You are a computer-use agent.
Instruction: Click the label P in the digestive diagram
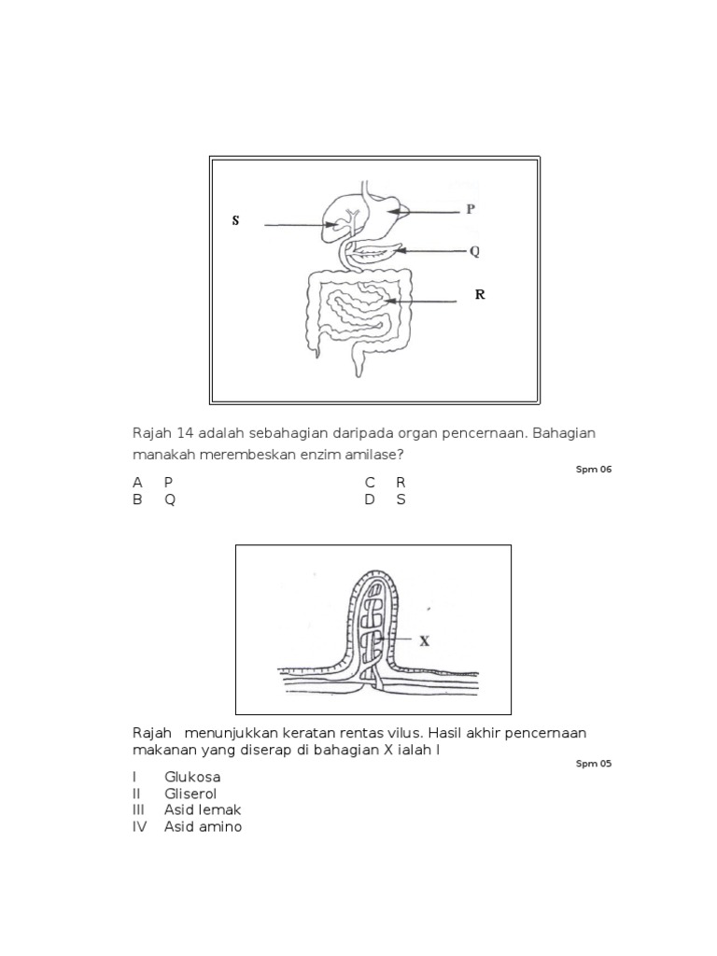click(471, 210)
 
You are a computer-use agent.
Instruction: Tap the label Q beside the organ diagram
click(473, 252)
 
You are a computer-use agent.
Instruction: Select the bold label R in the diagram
click(480, 295)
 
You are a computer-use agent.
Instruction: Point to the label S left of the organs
click(235, 221)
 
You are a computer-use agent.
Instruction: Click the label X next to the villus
click(424, 641)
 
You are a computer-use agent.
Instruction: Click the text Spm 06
click(594, 469)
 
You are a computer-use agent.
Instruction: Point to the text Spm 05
click(594, 763)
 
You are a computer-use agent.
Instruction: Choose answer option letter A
click(137, 483)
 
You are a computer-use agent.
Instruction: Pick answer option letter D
click(370, 499)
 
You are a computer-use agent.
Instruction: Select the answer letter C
click(370, 483)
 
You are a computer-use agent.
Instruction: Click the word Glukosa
click(192, 777)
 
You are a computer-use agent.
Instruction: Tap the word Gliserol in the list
click(190, 794)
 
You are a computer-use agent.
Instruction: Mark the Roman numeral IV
click(139, 826)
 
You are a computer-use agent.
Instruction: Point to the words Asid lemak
click(203, 809)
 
